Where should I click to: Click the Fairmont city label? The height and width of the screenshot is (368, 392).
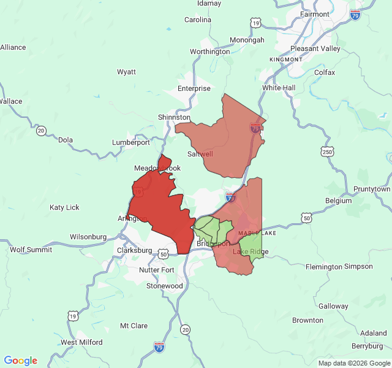click(315, 14)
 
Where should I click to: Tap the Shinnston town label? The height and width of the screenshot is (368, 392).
click(174, 117)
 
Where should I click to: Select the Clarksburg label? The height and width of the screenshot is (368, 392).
click(134, 250)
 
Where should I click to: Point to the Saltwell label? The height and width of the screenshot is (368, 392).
click(200, 154)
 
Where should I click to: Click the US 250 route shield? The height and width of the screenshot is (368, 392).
click(328, 151)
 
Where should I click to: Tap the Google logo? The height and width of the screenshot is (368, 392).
click(21, 361)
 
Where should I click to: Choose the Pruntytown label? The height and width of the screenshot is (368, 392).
click(372, 190)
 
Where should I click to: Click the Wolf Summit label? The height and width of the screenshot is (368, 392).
click(31, 250)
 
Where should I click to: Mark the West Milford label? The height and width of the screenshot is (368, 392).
click(81, 342)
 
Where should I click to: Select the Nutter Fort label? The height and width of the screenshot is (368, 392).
click(157, 270)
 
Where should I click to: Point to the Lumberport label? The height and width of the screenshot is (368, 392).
click(130, 142)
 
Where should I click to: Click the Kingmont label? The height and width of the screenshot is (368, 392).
click(285, 59)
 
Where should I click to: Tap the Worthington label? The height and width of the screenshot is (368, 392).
click(209, 52)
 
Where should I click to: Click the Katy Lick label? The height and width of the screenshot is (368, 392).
click(64, 207)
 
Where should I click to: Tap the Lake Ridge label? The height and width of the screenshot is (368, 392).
click(251, 251)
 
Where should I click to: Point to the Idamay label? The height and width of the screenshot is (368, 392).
click(209, 3)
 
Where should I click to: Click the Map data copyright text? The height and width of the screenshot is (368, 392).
click(354, 363)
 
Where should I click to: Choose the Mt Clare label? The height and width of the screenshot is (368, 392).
click(134, 326)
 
